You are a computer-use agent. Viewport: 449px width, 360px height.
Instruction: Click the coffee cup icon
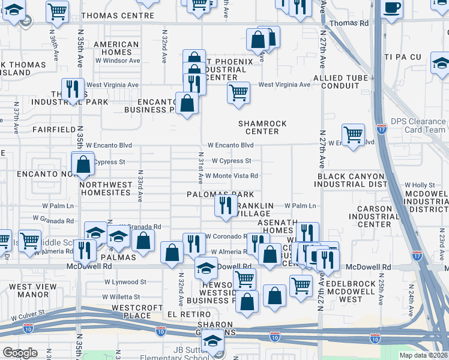tap(392, 8)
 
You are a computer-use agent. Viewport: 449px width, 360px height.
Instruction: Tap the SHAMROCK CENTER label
tap(262, 127)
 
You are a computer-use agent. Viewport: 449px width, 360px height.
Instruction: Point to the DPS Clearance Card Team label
tap(418, 125)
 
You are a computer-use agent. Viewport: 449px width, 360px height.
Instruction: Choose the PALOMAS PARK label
tap(220, 195)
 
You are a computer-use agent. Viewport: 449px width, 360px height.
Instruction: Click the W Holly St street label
tap(420, 185)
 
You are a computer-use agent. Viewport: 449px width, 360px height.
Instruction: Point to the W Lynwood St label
tap(125, 281)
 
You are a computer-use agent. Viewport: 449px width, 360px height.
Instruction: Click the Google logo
tap(19, 353)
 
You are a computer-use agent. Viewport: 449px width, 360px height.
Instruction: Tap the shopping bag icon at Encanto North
tap(83, 163)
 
